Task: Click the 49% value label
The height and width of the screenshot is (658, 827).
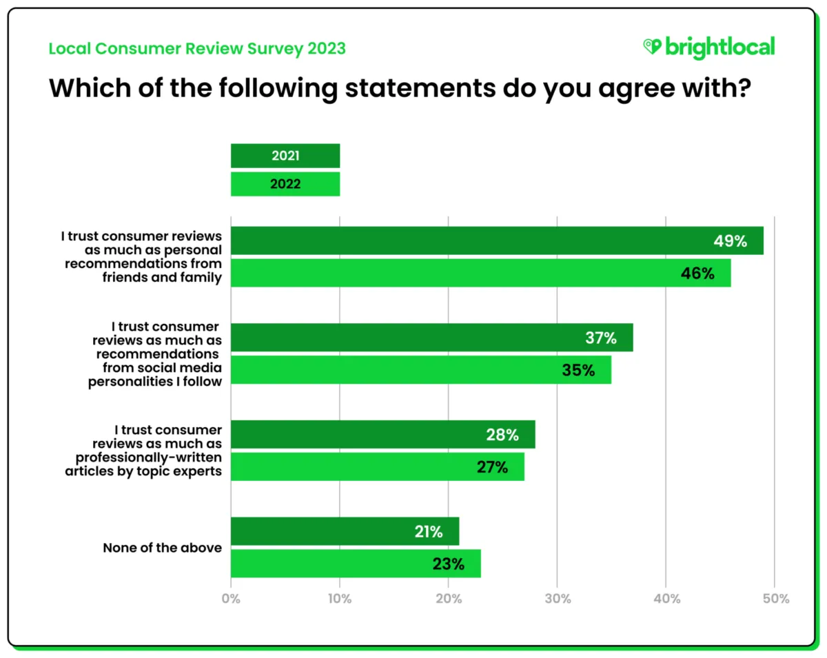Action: pyautogui.click(x=730, y=240)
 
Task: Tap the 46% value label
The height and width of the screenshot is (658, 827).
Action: pyautogui.click(x=697, y=274)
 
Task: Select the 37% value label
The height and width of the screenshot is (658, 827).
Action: pyautogui.click(x=600, y=338)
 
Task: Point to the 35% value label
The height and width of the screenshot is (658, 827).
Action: pyautogui.click(x=578, y=371)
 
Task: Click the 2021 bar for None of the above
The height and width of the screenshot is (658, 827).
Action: pyautogui.click(x=345, y=531)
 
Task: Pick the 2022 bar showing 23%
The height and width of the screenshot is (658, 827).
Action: pyautogui.click(x=356, y=564)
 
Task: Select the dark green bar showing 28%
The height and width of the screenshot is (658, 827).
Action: pyautogui.click(x=382, y=434)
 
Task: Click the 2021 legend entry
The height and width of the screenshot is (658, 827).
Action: pyautogui.click(x=285, y=156)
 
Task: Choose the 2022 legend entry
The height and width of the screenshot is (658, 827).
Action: pyautogui.click(x=285, y=184)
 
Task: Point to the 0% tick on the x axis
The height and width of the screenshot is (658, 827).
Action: pyautogui.click(x=231, y=599)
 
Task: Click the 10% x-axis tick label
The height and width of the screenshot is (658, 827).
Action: pyautogui.click(x=339, y=599)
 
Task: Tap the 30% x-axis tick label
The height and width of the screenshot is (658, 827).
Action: pyautogui.click(x=557, y=599)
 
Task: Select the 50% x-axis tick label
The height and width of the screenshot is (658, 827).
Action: pyautogui.click(x=775, y=599)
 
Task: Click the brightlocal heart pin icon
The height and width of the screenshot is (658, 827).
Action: pyautogui.click(x=651, y=47)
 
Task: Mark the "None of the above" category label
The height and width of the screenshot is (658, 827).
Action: pyautogui.click(x=163, y=548)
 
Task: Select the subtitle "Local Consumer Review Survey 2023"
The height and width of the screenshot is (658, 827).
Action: pyautogui.click(x=197, y=49)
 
